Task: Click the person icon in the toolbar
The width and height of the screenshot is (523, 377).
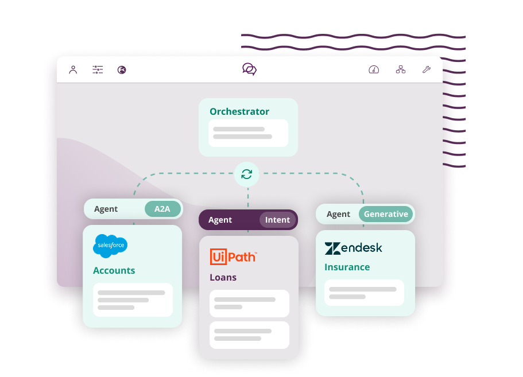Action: pyautogui.click(x=73, y=69)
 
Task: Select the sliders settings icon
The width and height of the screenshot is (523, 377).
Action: pyautogui.click(x=98, y=69)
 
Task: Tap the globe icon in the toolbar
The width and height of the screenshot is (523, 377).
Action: pyautogui.click(x=122, y=70)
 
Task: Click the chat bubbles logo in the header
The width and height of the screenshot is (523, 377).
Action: pyautogui.click(x=250, y=69)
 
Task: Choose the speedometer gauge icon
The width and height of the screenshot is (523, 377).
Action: pyautogui.click(x=374, y=69)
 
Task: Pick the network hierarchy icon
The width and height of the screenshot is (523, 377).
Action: pyautogui.click(x=401, y=69)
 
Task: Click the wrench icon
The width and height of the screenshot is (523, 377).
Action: pyautogui.click(x=427, y=69)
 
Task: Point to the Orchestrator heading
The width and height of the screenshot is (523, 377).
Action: pyautogui.click(x=239, y=111)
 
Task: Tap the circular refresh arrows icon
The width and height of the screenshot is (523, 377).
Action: pyautogui.click(x=246, y=174)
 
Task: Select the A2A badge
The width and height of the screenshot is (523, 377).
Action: pyautogui.click(x=163, y=209)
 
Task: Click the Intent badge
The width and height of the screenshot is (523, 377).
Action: pyautogui.click(x=277, y=220)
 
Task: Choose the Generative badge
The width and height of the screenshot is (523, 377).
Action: pyautogui.click(x=386, y=214)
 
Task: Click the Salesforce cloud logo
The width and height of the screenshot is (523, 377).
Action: pyautogui.click(x=110, y=246)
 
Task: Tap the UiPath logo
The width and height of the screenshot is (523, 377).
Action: pyautogui.click(x=234, y=256)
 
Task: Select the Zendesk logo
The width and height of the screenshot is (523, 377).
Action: pyautogui.click(x=354, y=248)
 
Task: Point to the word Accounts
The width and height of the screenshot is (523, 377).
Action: pyautogui.click(x=114, y=270)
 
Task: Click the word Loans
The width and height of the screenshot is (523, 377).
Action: pyautogui.click(x=223, y=277)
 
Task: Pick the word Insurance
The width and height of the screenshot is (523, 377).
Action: pyautogui.click(x=347, y=267)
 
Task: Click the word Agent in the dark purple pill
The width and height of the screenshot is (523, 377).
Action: pyautogui.click(x=220, y=220)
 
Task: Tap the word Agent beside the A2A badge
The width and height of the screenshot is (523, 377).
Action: pyautogui.click(x=106, y=209)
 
